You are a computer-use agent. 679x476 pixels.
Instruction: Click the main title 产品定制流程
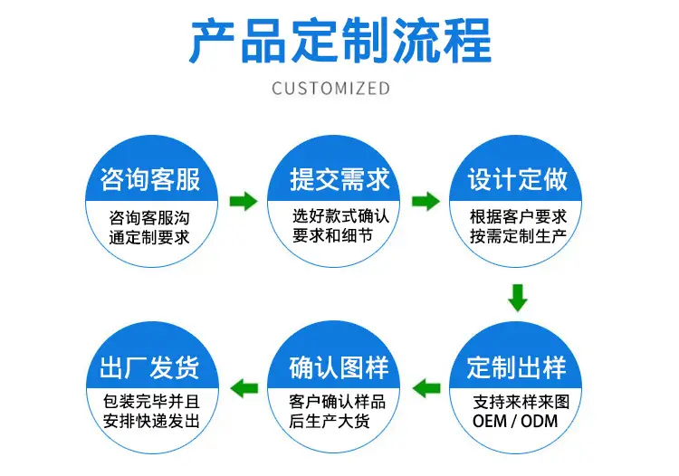[x=339, y=41]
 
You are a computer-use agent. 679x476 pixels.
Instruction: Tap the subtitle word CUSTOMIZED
[x=330, y=89]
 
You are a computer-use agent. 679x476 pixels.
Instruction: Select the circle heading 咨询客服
[x=149, y=179]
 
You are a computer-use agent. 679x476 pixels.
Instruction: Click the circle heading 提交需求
[x=339, y=179]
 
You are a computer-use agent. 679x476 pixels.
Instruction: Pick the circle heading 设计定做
[x=517, y=179]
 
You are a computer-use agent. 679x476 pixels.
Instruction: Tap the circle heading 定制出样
[x=516, y=367]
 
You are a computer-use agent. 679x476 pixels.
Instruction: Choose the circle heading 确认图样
[x=339, y=367]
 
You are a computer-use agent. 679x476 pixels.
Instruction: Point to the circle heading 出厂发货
[x=149, y=367]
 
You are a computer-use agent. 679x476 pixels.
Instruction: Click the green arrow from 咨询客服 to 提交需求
[x=244, y=201]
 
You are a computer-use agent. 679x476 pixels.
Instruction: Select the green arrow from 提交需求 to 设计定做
[x=426, y=201]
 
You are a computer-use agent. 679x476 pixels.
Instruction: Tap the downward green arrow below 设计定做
[x=518, y=298]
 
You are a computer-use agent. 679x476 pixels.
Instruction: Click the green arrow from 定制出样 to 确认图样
[x=426, y=388]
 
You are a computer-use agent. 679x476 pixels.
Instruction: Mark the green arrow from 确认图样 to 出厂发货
[x=244, y=388]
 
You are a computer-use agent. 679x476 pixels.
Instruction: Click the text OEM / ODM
[x=515, y=421]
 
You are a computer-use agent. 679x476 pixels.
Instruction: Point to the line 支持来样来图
[x=521, y=402]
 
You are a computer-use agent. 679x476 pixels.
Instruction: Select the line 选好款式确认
[x=340, y=216]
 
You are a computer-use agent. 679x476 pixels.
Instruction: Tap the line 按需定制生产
[x=519, y=236]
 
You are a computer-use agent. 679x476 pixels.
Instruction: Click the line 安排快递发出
[x=151, y=421]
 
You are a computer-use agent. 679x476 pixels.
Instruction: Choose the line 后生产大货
[x=330, y=421]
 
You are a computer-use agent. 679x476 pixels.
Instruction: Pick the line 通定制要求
[x=149, y=238]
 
